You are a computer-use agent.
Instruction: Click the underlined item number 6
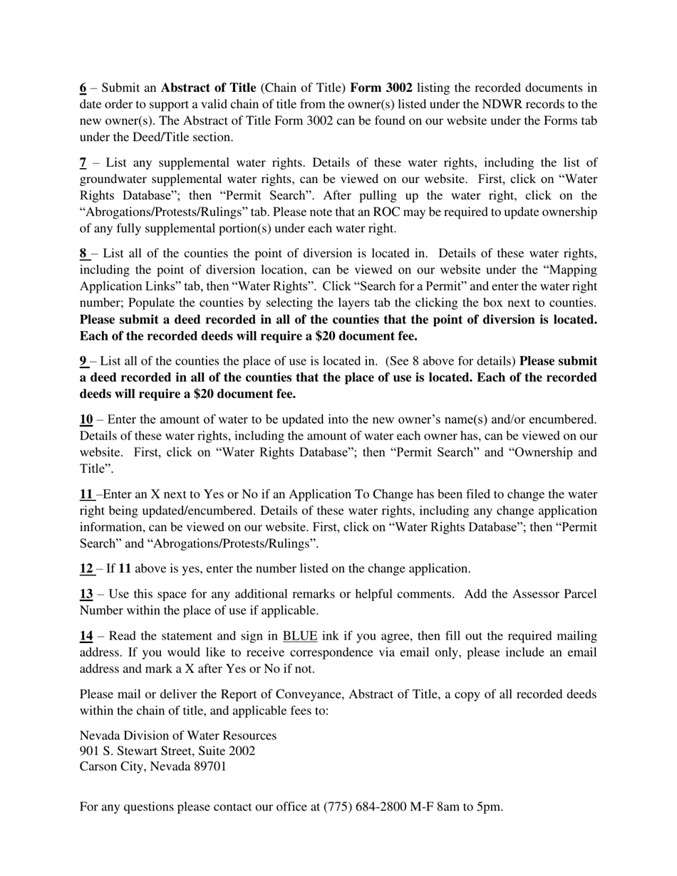(83, 88)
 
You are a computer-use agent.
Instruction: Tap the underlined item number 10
(86, 419)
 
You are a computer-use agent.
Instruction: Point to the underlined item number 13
(86, 594)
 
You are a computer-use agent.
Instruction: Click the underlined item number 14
(86, 636)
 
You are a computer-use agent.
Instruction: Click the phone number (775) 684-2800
(365, 807)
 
